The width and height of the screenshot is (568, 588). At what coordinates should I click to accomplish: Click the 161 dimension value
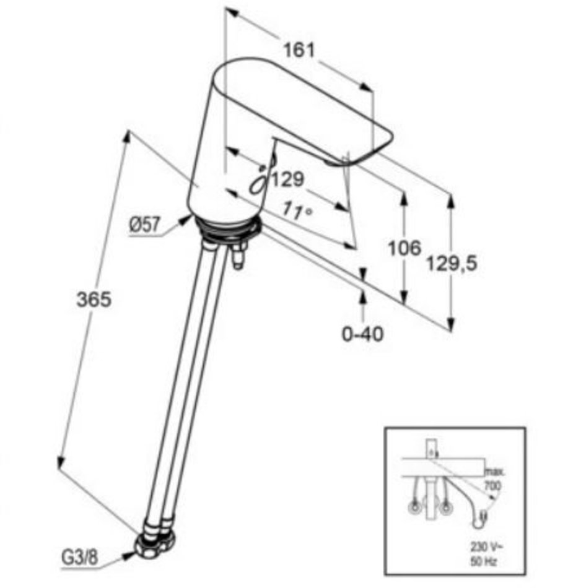coord(299,50)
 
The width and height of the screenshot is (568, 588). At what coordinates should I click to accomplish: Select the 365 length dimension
coord(94,300)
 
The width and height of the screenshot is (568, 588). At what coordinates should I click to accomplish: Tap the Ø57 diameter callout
coord(144,225)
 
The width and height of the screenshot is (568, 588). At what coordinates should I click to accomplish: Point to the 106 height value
coord(404,248)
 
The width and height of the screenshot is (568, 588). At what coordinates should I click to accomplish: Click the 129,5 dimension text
coord(452,263)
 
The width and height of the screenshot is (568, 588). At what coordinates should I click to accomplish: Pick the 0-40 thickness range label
coord(363,334)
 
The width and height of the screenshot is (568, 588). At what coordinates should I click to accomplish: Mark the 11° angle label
coord(297,210)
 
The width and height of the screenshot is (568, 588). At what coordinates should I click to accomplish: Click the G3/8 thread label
coord(79,558)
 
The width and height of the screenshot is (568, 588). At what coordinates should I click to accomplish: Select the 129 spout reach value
coord(287,179)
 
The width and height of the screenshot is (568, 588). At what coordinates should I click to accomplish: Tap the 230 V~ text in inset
coord(486,547)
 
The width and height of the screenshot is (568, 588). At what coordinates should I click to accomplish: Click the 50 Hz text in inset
coord(484,561)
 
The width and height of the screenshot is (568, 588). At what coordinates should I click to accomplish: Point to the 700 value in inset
coord(492,486)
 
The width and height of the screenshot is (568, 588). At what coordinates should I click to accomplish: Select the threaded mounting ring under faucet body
coord(227,230)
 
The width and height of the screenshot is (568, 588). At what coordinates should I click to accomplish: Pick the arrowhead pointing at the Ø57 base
coord(185,220)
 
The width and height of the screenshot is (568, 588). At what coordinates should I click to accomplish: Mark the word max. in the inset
coord(495,472)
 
